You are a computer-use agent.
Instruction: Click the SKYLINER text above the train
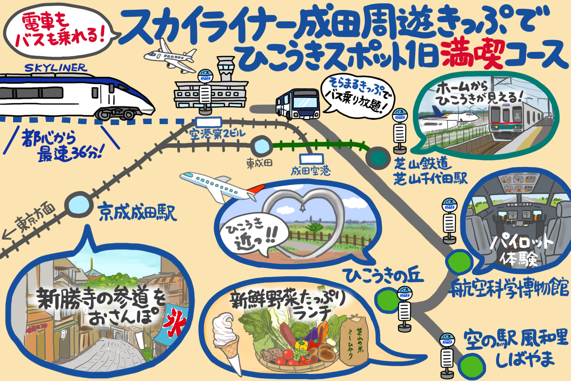pos(56,68)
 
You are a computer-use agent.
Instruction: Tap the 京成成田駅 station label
pos(138,212)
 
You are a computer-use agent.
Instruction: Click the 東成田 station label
pos(259,163)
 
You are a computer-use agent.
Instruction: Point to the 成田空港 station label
pos(310,171)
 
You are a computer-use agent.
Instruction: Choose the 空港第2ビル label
pos(217,134)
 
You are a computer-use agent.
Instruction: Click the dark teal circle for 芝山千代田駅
pos(378,158)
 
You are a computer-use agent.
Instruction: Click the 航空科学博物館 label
pos(509,288)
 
